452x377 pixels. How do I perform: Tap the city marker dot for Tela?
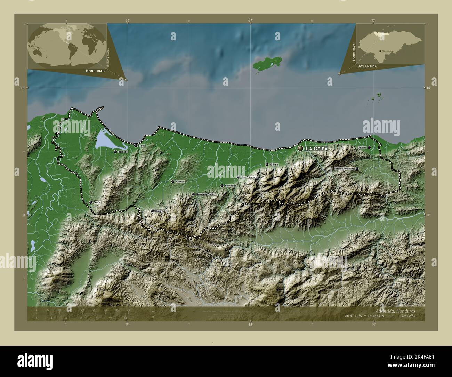pyautogui.click(x=136, y=146)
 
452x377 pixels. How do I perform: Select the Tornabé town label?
pyautogui.click(x=123, y=152)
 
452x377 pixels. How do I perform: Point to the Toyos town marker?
pyautogui.click(x=91, y=202)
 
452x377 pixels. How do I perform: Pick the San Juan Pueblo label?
pyautogui.click(x=206, y=194)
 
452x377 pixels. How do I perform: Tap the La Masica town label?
pyautogui.click(x=231, y=186)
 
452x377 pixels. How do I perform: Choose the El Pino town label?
pyautogui.click(x=274, y=165)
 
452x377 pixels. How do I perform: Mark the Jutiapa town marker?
pyautogui.click(x=369, y=147)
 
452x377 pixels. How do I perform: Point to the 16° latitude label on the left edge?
pyautogui.click(x=22, y=88)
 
